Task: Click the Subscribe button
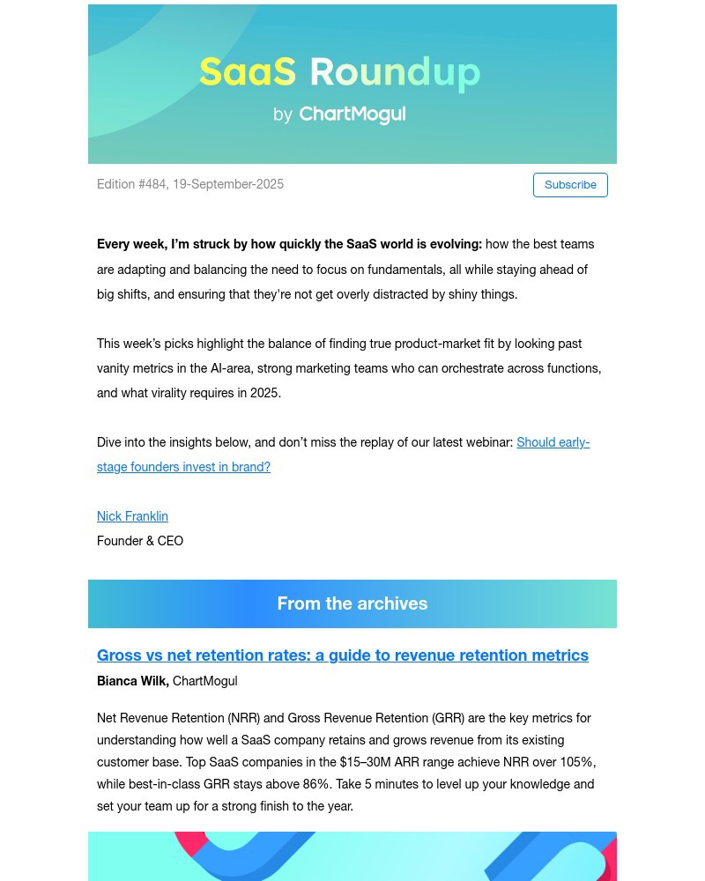570,185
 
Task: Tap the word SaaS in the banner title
248,72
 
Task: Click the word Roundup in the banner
395,72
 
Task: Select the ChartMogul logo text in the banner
352,115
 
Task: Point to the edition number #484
152,184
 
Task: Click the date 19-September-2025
228,184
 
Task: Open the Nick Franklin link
132,516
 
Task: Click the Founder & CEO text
140,541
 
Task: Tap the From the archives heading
352,603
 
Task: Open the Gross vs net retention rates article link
343,655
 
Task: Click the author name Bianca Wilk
132,681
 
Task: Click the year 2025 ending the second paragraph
264,393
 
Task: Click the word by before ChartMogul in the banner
283,115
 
